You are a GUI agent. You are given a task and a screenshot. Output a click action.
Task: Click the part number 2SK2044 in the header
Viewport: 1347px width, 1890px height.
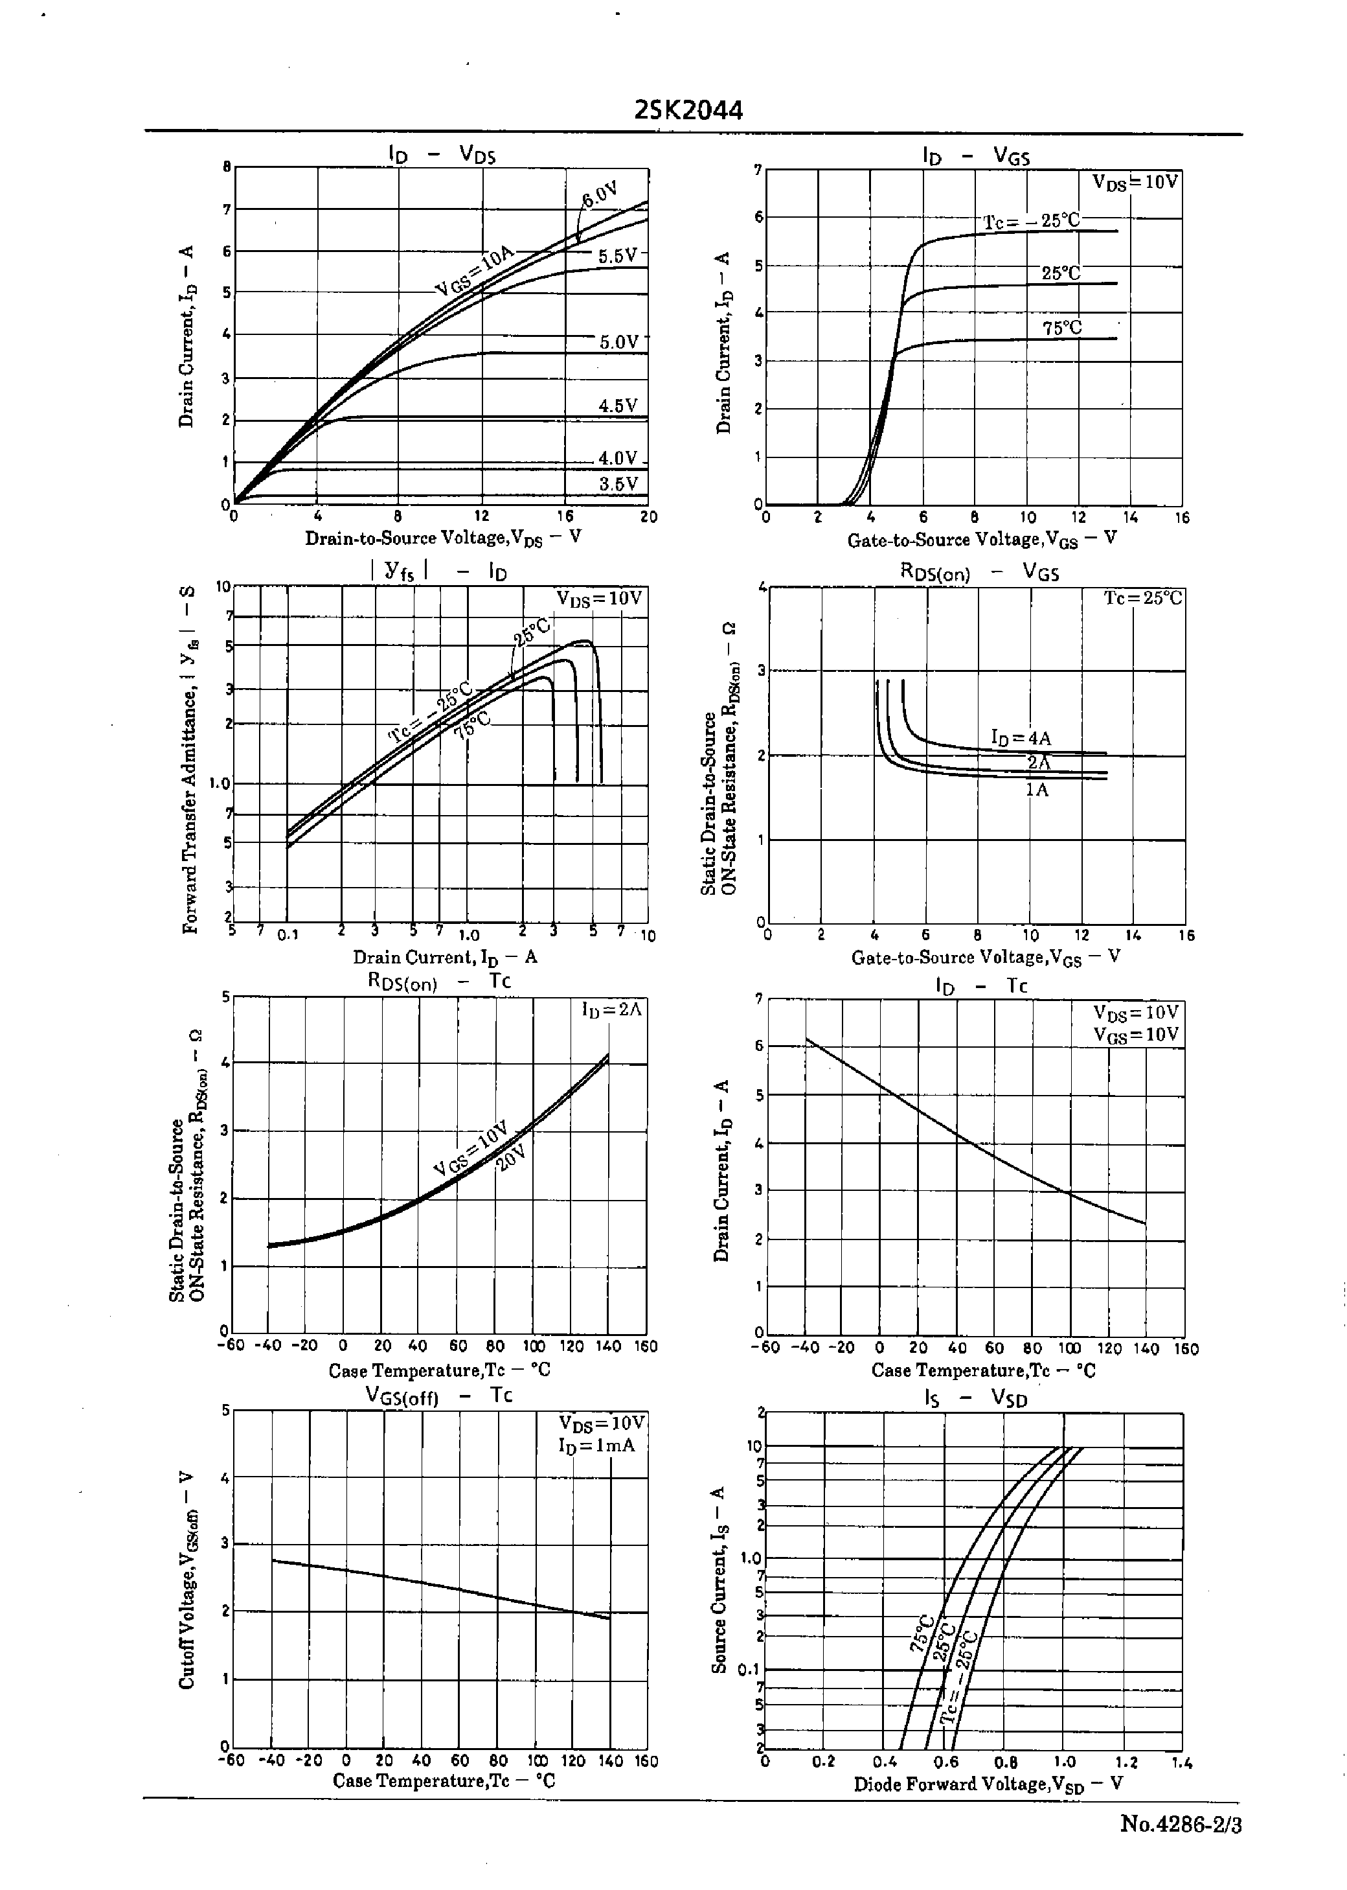click(x=688, y=110)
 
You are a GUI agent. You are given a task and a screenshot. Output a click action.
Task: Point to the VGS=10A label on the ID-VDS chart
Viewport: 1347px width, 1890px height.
click(x=475, y=271)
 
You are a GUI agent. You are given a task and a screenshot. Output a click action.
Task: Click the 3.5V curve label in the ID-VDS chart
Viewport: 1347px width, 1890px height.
click(x=618, y=485)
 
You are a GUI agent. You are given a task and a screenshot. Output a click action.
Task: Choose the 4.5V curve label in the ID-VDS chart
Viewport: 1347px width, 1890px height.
click(x=618, y=406)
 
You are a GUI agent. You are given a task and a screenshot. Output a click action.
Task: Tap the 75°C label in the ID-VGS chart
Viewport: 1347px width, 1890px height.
click(x=1061, y=328)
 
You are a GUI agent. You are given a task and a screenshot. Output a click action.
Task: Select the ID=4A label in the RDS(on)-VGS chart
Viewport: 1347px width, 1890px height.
click(x=1021, y=737)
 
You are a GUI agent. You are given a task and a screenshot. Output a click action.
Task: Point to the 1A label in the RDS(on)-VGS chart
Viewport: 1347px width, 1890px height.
click(x=1037, y=790)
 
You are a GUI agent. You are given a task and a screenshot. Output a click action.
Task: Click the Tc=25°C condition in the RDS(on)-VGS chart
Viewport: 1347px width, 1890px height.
click(x=1143, y=598)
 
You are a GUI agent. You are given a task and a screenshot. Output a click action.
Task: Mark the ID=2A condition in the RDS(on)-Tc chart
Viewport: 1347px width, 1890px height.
click(x=611, y=1009)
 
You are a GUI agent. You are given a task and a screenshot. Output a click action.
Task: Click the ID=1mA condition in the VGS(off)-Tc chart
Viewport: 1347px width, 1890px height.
click(x=597, y=1446)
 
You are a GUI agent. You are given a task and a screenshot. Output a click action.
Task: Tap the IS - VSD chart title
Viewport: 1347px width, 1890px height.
click(x=975, y=1399)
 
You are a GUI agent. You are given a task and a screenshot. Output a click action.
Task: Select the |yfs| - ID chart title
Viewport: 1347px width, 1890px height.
click(x=440, y=571)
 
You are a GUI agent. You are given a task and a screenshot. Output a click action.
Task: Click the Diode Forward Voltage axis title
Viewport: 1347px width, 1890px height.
click(x=988, y=1784)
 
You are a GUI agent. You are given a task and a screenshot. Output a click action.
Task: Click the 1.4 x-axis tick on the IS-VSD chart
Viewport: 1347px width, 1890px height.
click(x=1182, y=1762)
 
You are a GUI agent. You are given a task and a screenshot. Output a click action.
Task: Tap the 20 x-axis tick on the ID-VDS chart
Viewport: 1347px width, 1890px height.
click(x=649, y=517)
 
